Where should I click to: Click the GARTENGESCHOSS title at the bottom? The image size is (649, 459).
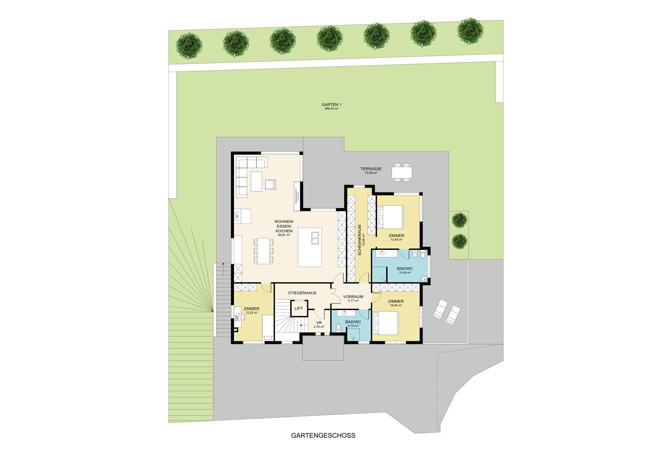click(323, 435)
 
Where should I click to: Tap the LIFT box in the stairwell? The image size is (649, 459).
click(299, 308)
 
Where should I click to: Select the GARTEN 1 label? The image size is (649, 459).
click(331, 105)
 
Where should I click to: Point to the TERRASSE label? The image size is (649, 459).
click(371, 169)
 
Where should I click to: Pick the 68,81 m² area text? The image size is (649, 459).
click(284, 235)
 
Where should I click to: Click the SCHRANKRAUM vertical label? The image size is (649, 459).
click(360, 240)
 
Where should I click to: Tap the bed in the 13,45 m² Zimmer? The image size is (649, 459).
click(391, 217)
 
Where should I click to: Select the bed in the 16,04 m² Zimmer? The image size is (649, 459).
click(386, 323)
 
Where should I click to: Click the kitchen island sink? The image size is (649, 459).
click(315, 238)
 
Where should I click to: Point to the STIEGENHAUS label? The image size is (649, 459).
click(302, 293)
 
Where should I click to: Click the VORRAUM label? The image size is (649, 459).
click(353, 297)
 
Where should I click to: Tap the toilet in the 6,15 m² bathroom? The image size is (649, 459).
click(339, 327)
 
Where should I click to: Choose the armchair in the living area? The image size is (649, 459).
click(270, 184)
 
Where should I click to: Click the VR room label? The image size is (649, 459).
click(319, 323)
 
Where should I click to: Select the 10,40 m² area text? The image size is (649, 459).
click(405, 273)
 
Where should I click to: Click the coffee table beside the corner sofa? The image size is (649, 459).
click(256, 182)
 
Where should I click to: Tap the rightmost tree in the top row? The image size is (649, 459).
click(470, 31)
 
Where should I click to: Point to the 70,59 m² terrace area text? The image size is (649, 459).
click(371, 173)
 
